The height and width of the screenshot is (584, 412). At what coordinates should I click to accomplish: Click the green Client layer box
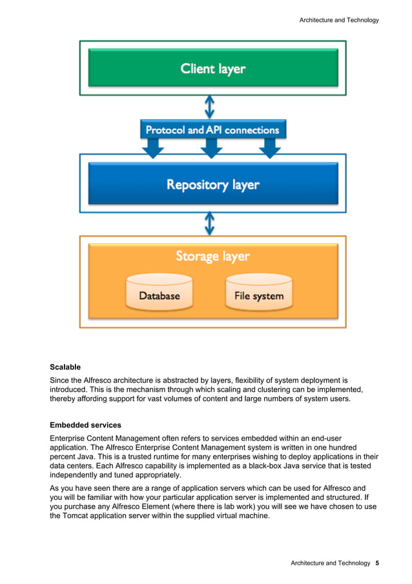pyautogui.click(x=212, y=68)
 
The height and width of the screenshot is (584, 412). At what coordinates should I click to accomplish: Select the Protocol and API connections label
pyautogui.click(x=212, y=130)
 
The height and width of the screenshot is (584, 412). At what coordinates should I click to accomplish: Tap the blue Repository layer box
pyautogui.click(x=212, y=184)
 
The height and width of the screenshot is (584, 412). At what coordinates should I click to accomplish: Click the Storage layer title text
pyautogui.click(x=212, y=256)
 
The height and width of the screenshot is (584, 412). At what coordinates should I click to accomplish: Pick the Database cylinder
pyautogui.click(x=160, y=292)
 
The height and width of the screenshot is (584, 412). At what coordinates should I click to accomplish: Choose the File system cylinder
pyautogui.click(x=258, y=292)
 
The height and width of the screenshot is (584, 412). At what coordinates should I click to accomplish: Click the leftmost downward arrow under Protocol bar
pyautogui.click(x=152, y=150)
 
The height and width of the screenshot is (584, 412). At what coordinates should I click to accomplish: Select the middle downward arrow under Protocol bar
pyautogui.click(x=211, y=150)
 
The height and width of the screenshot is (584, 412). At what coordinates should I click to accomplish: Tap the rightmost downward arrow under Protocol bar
pyautogui.click(x=269, y=150)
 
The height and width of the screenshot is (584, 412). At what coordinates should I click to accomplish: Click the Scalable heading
pyautogui.click(x=65, y=367)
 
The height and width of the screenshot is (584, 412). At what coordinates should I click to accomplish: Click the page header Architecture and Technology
pyautogui.click(x=339, y=20)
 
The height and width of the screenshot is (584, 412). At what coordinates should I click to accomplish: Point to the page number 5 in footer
pyautogui.click(x=376, y=563)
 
